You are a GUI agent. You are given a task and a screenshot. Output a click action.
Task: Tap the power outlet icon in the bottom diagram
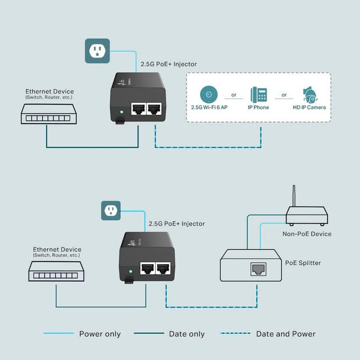pyautogui.click(x=111, y=210)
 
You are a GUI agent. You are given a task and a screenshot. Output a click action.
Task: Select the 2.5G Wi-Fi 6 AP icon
pyautogui.click(x=207, y=95)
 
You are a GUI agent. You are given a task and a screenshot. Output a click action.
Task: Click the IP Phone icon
pyautogui.click(x=258, y=95)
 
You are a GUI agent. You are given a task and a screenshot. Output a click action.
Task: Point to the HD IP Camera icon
pyautogui.click(x=309, y=96)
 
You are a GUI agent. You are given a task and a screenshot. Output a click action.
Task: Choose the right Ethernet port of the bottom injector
pyautogui.click(x=163, y=268)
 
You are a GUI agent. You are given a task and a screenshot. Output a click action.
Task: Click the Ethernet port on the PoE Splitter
pyautogui.click(x=258, y=269)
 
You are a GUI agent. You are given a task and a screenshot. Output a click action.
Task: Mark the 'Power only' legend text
pyautogui.click(x=99, y=334)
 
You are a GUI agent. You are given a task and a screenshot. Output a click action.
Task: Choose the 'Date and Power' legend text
pyautogui.click(x=285, y=334)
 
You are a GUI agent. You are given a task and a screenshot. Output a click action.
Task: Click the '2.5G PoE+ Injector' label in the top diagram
pyautogui.click(x=168, y=64)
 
